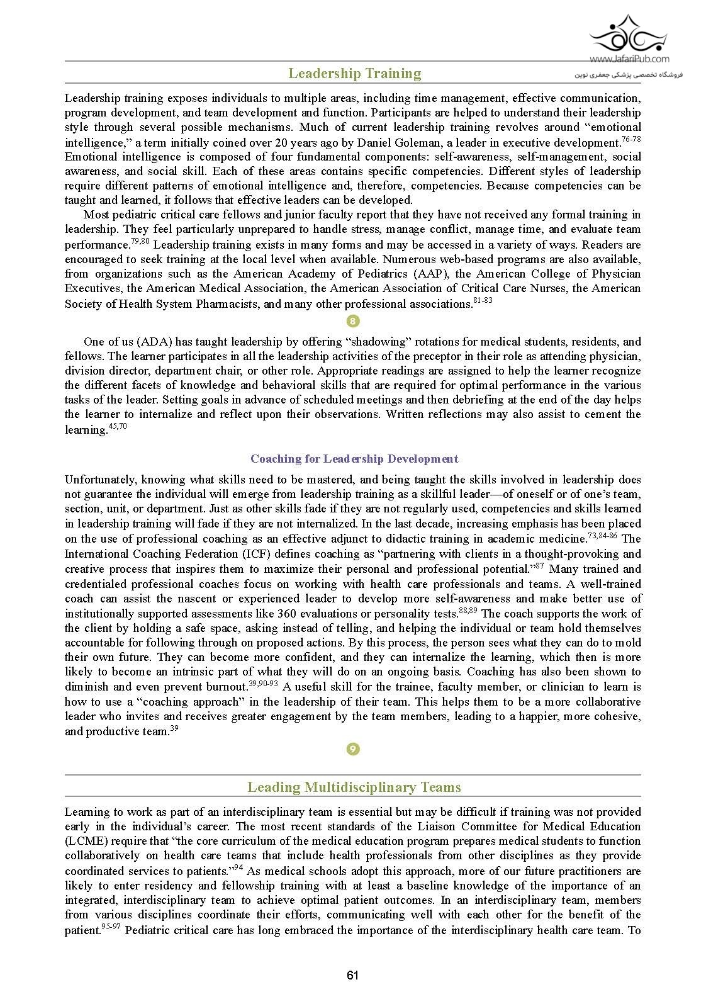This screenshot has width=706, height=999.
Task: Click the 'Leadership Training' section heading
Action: pyautogui.click(x=354, y=74)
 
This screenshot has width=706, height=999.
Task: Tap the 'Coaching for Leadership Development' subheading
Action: pyautogui.click(x=354, y=459)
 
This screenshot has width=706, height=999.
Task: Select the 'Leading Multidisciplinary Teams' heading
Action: pyautogui.click(x=354, y=787)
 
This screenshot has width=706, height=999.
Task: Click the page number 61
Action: pyautogui.click(x=352, y=975)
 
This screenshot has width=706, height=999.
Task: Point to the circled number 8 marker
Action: pyautogui.click(x=353, y=322)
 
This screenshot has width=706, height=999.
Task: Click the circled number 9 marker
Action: pyautogui.click(x=353, y=749)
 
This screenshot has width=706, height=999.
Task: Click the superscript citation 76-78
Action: pyautogui.click(x=631, y=138)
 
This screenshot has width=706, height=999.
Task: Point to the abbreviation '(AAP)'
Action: pyautogui.click(x=431, y=274)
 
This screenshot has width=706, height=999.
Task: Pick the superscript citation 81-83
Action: pyautogui.click(x=483, y=300)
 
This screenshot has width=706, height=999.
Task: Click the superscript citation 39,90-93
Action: pyautogui.click(x=264, y=684)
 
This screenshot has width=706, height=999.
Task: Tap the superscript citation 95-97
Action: pyautogui.click(x=111, y=927)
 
